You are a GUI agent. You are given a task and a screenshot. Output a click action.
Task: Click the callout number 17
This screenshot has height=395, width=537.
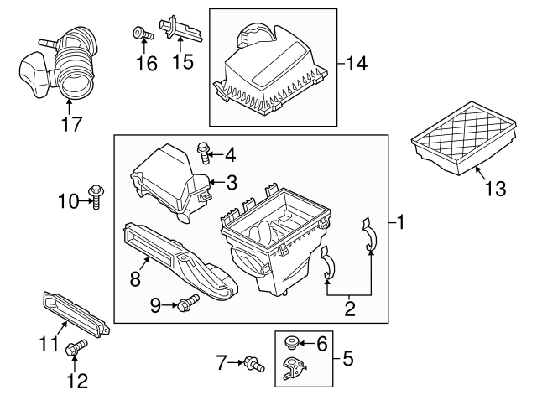coord(71,124)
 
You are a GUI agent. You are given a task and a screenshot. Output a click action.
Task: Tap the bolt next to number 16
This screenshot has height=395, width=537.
coord(140,34)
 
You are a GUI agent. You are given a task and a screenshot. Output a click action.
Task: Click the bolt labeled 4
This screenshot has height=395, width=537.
coord(203,152)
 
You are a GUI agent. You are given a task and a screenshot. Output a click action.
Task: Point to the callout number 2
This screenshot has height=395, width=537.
coord(348,308)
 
